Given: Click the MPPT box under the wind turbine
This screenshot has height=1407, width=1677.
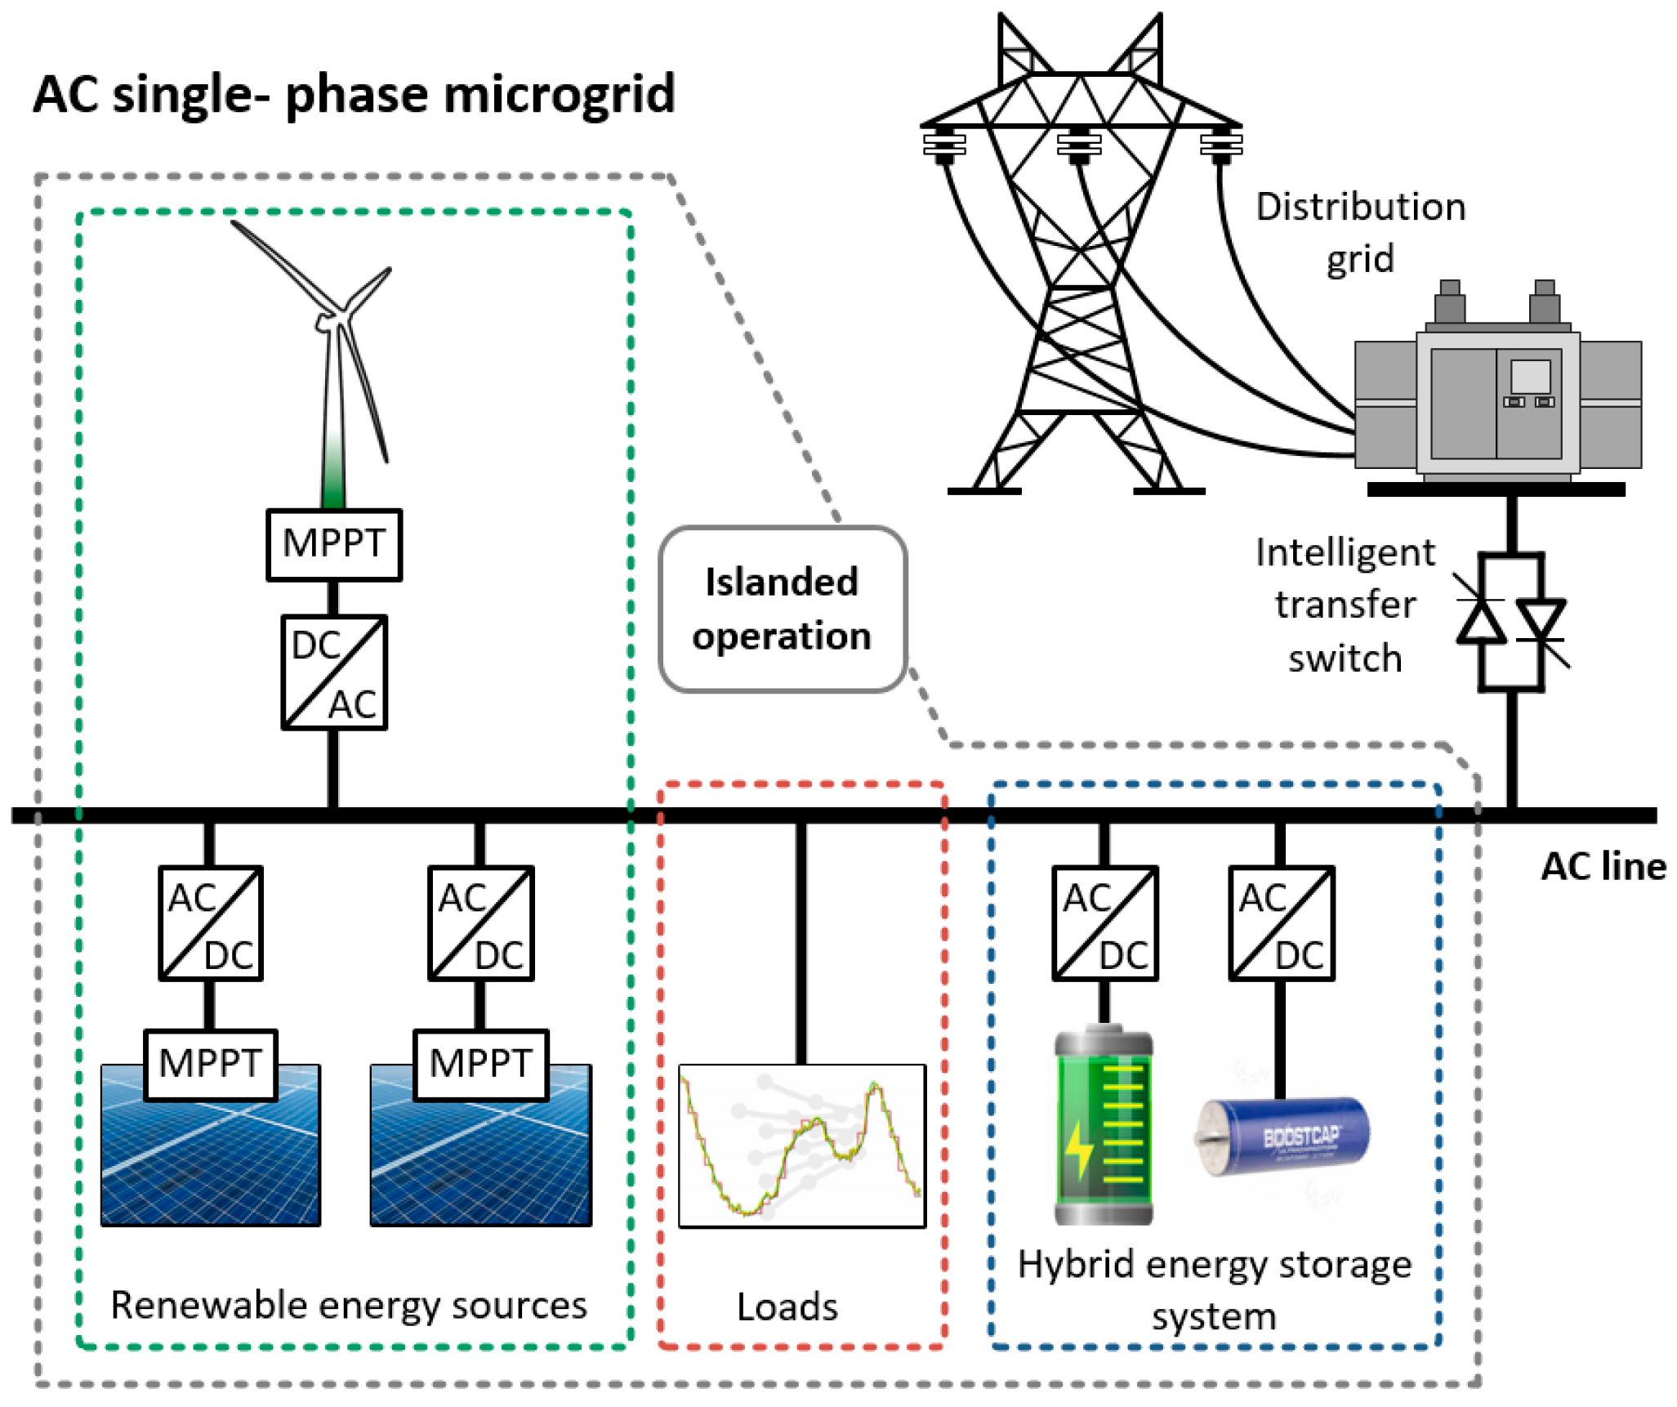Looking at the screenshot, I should (x=333, y=544).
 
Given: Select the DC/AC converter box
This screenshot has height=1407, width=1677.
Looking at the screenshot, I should (x=333, y=672).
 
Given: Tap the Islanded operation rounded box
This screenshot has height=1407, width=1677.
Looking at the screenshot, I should (x=782, y=609).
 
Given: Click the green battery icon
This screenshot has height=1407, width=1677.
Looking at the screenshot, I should (x=1103, y=1127).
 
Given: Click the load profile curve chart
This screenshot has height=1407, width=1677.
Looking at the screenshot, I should (x=801, y=1145).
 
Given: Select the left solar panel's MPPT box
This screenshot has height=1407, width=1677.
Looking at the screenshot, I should (x=210, y=1064).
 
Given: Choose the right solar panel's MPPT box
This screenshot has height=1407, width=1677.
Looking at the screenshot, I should (x=480, y=1064).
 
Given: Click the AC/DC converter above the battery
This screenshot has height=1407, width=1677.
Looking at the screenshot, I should (x=1104, y=923).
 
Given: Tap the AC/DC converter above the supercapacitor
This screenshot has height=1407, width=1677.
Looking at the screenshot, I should (x=1281, y=923).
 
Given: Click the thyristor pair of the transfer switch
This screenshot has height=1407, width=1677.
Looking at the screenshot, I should (x=1511, y=622).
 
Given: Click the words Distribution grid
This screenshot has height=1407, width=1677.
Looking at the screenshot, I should (x=1360, y=232).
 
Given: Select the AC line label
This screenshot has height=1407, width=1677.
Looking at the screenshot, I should (x=1603, y=867).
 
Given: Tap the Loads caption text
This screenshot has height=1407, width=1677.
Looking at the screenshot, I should (x=787, y=1306).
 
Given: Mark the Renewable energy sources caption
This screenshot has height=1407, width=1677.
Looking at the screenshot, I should (x=349, y=1305).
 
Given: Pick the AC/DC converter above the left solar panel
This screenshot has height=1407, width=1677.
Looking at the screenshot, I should (x=210, y=923).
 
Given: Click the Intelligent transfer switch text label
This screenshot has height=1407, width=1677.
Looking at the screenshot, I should (x=1345, y=605).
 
